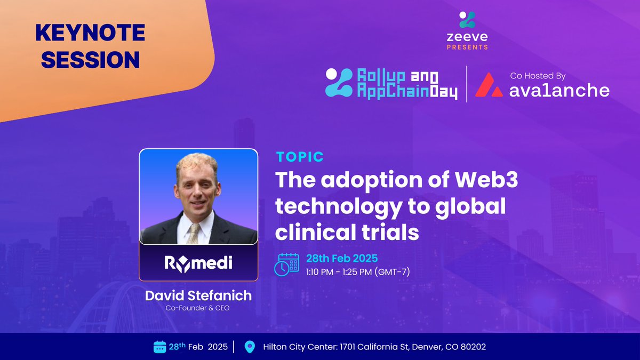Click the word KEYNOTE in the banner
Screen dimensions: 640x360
tap(90, 33)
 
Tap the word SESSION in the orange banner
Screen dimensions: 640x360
tap(90, 60)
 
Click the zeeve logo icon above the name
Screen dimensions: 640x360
tap(467, 20)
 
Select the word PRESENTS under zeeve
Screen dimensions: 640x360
tap(467, 47)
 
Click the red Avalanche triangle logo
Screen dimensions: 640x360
tap(489, 85)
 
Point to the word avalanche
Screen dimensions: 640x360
tap(559, 90)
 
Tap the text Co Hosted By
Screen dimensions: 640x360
tap(538, 76)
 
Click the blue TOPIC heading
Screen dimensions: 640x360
tap(300, 157)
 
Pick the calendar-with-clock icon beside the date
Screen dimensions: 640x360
tap(286, 265)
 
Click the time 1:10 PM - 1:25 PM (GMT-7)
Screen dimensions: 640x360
tap(358, 271)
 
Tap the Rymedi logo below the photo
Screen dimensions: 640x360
tap(198, 263)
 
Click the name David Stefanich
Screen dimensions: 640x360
tap(198, 295)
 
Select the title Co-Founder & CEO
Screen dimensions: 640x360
tap(198, 308)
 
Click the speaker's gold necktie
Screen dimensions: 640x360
tap(194, 234)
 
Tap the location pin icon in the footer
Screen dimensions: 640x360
tap(250, 347)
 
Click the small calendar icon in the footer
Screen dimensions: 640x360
tap(159, 347)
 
